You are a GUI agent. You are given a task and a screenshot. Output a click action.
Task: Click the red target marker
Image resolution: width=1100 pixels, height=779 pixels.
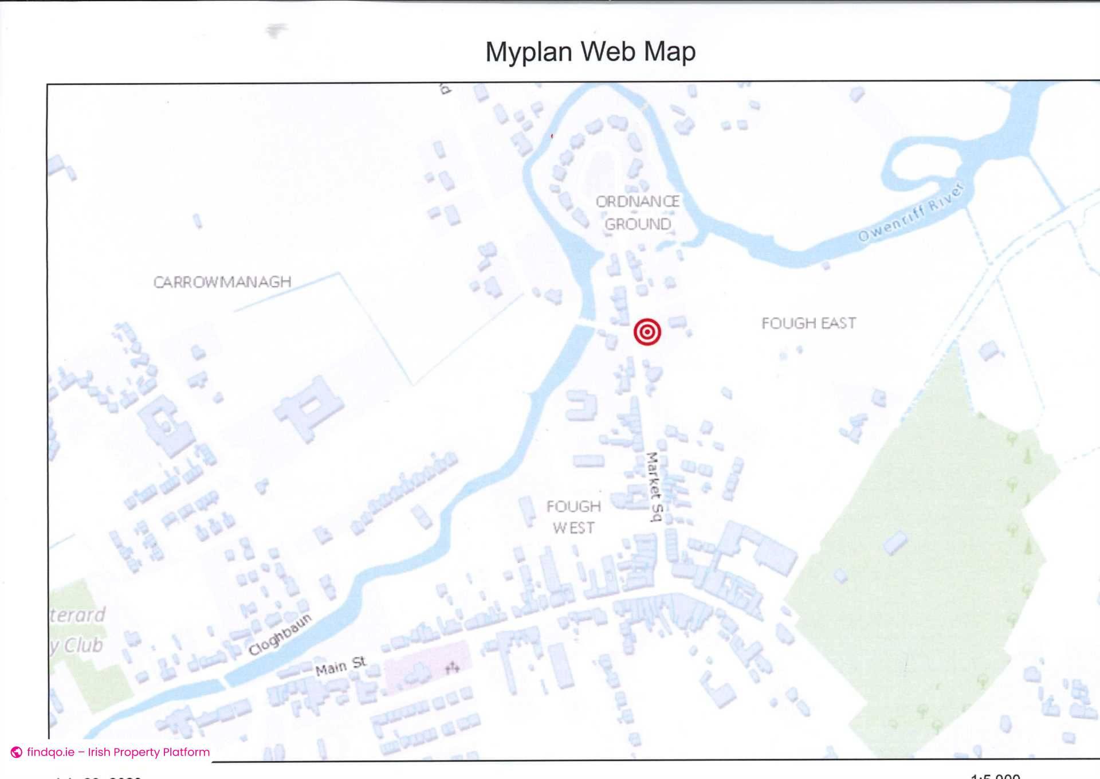[647, 331]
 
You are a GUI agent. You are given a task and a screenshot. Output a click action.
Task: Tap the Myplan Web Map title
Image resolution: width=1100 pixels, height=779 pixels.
[590, 52]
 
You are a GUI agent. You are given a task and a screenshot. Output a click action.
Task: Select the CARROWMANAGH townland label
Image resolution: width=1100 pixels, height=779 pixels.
[222, 282]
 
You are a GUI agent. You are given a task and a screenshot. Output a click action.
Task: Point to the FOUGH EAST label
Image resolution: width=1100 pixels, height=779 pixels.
[808, 323]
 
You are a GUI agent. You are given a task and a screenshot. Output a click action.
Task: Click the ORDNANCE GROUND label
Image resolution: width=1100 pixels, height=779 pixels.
[637, 213]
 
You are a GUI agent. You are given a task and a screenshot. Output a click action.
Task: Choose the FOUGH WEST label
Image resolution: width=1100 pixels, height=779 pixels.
[573, 517]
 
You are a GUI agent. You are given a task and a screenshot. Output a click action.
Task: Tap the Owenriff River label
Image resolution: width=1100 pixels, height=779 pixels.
[911, 213]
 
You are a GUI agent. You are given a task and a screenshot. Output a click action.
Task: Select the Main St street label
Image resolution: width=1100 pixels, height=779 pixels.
[340, 666]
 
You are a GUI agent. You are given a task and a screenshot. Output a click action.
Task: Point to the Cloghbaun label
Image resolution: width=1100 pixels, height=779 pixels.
[280, 634]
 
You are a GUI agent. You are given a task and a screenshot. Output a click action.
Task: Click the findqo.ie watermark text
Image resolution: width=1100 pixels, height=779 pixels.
[118, 752]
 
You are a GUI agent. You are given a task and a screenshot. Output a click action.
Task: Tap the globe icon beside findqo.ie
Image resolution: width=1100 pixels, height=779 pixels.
[17, 752]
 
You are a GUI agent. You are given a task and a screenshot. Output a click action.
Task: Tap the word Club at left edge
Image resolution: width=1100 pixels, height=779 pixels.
[83, 645]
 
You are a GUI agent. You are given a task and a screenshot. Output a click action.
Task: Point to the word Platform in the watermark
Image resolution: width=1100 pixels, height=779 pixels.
[186, 752]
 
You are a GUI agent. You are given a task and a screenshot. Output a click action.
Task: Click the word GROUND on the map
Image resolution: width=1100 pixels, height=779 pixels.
[638, 224]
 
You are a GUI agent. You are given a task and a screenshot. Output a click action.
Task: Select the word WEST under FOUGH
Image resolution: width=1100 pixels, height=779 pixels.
[573, 528]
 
